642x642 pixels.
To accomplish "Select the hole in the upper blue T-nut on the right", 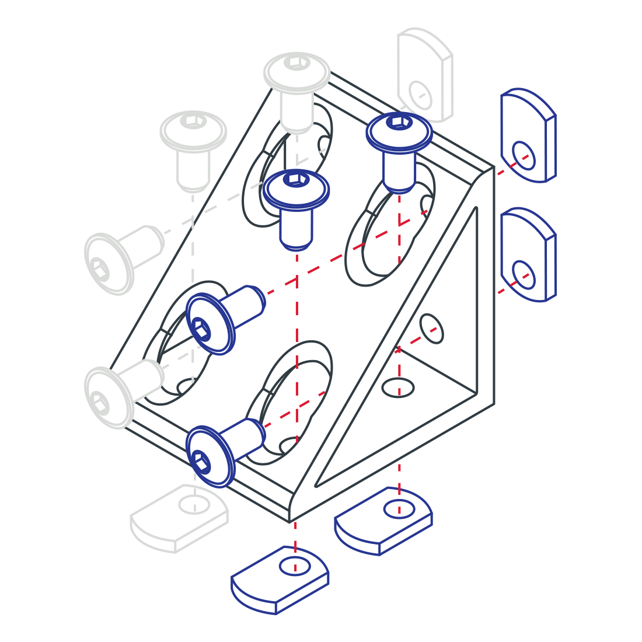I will coord(523,155).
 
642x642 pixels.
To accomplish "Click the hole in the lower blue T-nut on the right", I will coord(524,274).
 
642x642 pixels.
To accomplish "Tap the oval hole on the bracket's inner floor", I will coord(399,387).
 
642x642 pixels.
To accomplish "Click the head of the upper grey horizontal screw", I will coord(107,264).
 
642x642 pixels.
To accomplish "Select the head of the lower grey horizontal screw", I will coord(107,397).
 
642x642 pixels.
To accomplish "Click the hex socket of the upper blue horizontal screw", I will coord(202,329).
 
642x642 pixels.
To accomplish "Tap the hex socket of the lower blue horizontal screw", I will coord(201,462).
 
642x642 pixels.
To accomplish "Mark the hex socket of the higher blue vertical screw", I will coord(399,121).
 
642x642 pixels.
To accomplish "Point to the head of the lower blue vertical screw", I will coord(296,190).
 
